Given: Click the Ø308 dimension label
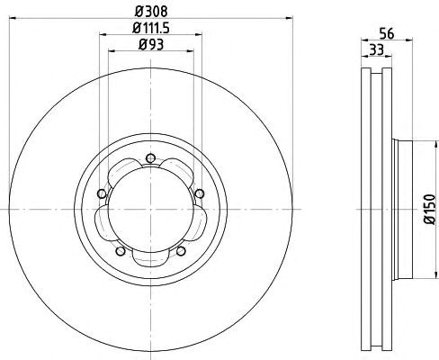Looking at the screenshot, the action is [151, 12].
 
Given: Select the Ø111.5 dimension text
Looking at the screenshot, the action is [151, 28].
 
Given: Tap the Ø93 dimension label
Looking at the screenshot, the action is [151, 45].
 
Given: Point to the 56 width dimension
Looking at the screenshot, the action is [387, 33].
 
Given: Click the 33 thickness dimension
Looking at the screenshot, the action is [377, 49].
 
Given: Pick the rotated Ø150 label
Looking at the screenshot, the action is [429, 209].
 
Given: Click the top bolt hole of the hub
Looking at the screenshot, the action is [150, 158].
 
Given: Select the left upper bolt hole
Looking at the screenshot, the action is [102, 193].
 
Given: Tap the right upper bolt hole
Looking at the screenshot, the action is [200, 193].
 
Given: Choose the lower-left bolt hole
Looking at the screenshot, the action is [121, 251].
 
